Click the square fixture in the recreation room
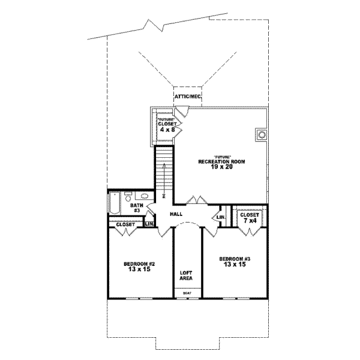click(261, 135)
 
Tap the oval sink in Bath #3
click(145, 196)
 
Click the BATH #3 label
click(136, 208)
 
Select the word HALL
click(176, 214)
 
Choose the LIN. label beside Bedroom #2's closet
click(149, 224)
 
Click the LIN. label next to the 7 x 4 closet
click(221, 217)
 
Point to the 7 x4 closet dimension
click(249, 220)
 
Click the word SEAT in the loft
click(187, 293)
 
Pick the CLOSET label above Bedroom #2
click(126, 224)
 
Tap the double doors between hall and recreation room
click(195, 200)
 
